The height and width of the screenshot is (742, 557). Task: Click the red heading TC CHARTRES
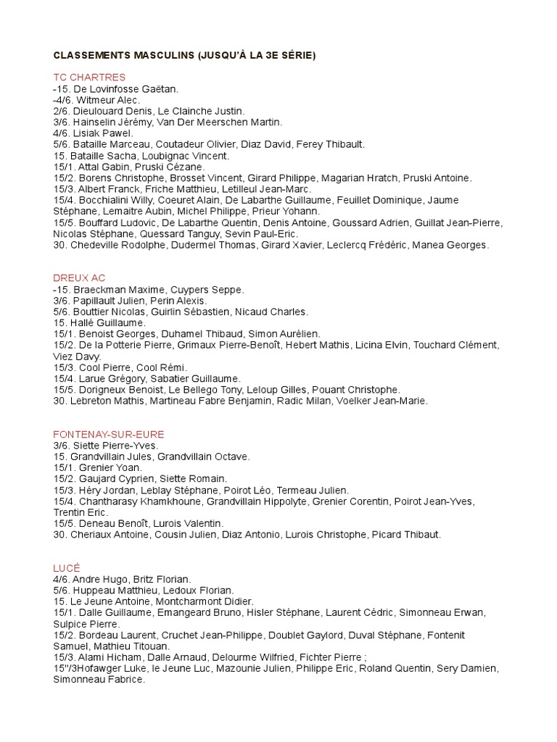click(x=89, y=78)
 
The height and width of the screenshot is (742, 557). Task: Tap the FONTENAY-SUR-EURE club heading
click(x=109, y=434)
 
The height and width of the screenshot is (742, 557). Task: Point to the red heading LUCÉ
click(x=65, y=568)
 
